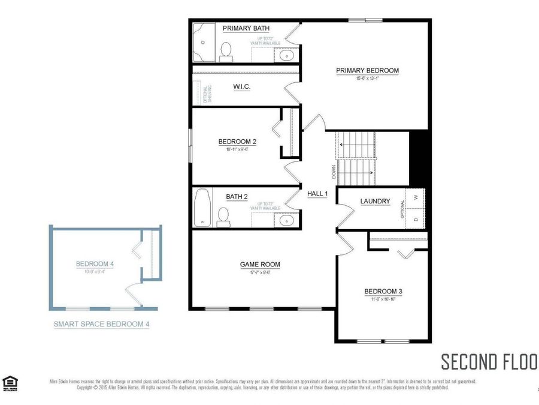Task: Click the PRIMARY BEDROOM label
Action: [367, 70]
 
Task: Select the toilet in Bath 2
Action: [224, 217]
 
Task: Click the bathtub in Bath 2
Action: [202, 207]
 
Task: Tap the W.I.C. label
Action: [241, 87]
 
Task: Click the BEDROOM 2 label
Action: [237, 142]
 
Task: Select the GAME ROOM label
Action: [260, 264]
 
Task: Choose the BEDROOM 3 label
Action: [383, 292]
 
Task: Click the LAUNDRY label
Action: [376, 202]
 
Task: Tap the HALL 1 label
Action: [317, 194]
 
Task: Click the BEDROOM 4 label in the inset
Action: [96, 263]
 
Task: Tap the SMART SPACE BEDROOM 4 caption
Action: [101, 324]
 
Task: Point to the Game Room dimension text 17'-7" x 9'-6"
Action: [260, 272]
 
